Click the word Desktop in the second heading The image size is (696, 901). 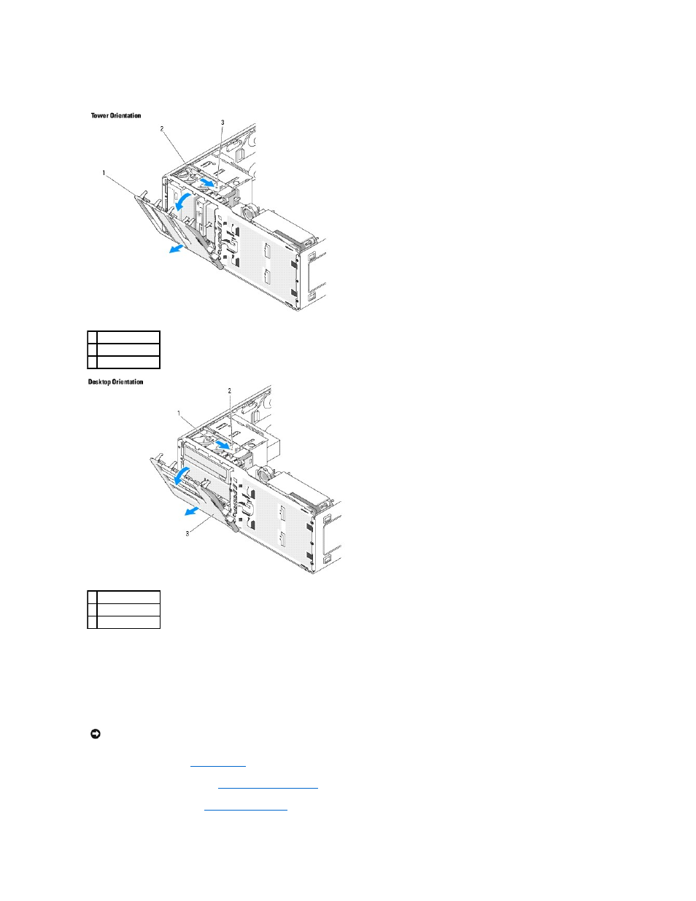99,382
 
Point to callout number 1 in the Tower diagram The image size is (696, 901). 104,173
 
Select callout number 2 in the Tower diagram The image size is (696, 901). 162,129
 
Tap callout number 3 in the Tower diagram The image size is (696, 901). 223,123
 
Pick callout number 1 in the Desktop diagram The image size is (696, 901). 179,413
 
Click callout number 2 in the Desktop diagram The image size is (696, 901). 229,390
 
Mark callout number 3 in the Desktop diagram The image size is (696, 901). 187,533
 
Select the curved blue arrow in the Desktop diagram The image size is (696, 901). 180,475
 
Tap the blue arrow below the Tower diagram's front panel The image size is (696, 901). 177,248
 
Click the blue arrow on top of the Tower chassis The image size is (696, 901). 207,182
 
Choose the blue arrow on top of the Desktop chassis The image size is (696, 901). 222,444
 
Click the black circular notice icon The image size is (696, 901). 96,734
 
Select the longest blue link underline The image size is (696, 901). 268,787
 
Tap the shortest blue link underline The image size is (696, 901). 218,766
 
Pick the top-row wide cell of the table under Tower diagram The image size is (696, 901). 128,337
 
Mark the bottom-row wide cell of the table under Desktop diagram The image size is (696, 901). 128,622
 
